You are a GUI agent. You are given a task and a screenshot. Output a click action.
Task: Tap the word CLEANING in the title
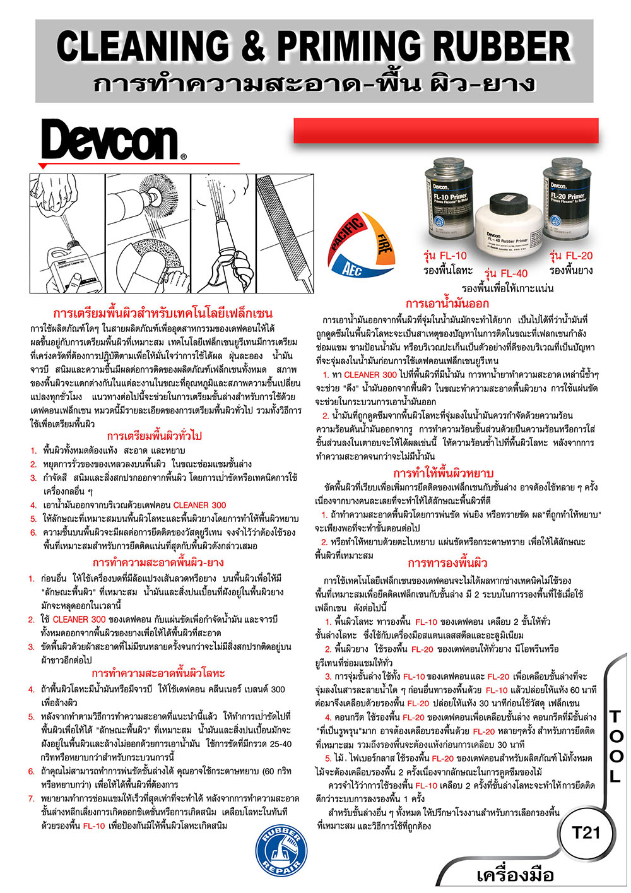(143, 47)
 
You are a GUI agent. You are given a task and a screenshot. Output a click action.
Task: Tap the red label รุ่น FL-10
(445, 256)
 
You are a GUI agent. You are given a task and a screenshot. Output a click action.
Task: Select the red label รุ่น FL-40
(506, 273)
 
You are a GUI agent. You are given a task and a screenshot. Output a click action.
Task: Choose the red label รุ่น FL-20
(571, 256)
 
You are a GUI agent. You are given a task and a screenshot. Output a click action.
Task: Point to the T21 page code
(586, 833)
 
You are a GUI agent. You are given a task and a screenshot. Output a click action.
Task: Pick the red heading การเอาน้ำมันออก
(447, 304)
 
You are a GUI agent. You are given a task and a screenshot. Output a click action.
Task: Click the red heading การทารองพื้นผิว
(447, 563)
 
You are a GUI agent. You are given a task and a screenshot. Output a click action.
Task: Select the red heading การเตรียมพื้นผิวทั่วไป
(155, 436)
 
